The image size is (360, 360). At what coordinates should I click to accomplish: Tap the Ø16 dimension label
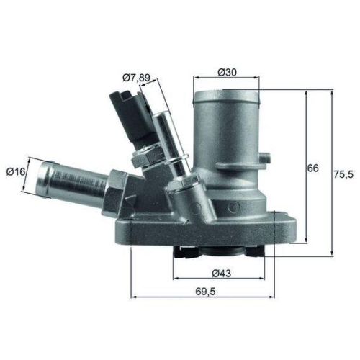click(17, 171)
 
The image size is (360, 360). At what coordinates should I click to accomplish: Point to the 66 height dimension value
click(312, 168)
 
